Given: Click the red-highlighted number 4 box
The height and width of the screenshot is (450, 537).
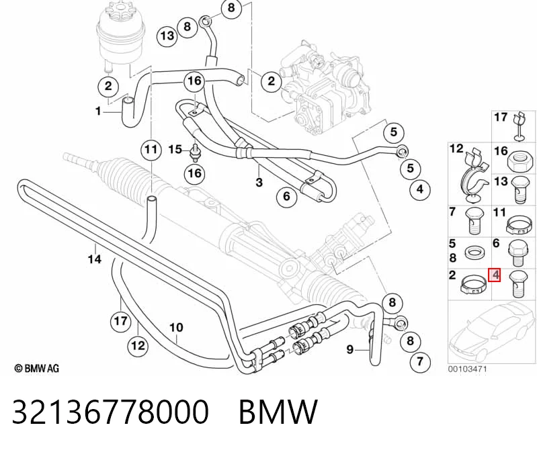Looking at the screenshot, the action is click(495, 275).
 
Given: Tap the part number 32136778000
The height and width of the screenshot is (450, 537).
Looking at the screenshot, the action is click(110, 412).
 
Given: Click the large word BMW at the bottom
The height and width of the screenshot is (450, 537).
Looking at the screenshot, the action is click(278, 412).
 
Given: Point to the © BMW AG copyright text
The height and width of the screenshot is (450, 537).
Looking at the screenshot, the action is click(37, 368).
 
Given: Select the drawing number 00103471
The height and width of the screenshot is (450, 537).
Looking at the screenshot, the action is click(468, 369).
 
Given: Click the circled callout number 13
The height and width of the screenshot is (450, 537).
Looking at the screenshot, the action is click(167, 35).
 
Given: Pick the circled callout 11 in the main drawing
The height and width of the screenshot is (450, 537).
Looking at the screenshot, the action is click(151, 150).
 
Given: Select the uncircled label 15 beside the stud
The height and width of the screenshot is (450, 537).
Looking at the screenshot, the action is click(175, 149).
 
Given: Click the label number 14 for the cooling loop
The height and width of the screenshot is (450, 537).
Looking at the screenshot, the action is click(95, 259).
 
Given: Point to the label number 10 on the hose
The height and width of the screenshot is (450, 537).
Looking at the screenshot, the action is click(176, 328).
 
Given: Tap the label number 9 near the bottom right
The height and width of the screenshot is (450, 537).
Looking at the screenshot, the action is click(349, 349).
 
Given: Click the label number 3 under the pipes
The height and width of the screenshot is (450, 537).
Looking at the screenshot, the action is click(259, 183).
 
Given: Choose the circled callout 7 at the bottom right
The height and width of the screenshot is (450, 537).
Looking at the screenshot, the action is click(420, 361).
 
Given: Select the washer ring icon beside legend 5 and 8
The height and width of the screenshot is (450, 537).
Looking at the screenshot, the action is click(474, 253).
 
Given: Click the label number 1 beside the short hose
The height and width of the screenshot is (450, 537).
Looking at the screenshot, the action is click(98, 111).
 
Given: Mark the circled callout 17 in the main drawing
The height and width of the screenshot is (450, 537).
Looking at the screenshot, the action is click(120, 321).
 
